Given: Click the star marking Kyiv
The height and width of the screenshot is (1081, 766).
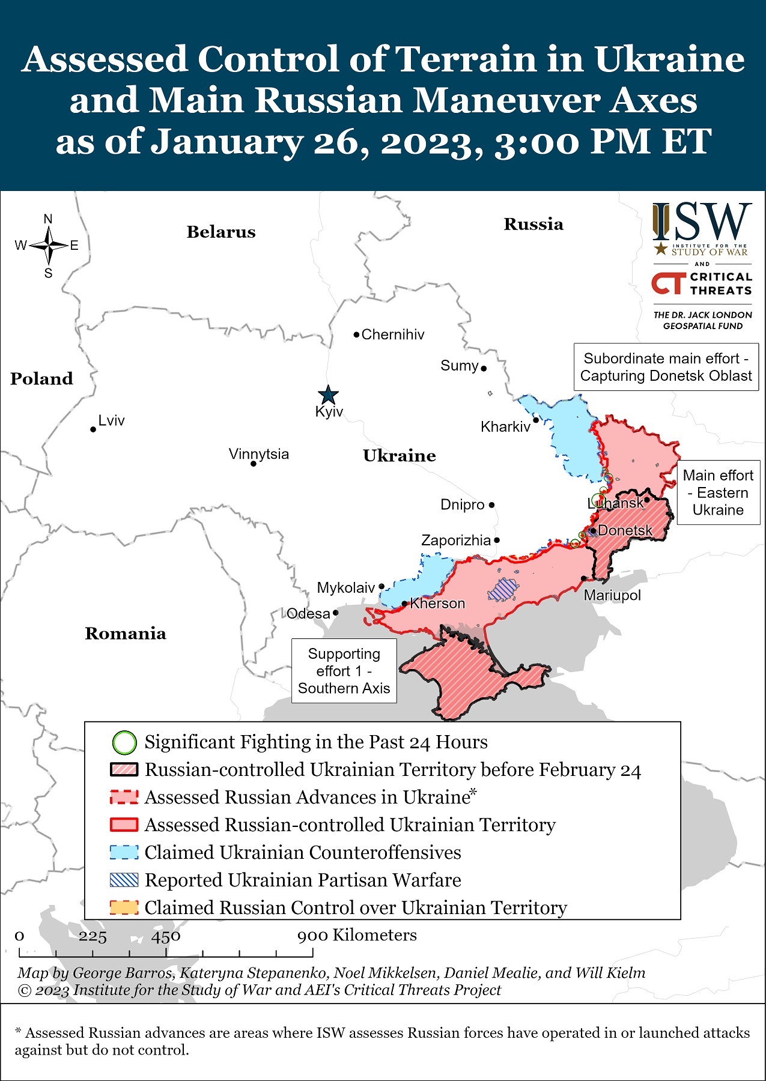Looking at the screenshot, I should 328,395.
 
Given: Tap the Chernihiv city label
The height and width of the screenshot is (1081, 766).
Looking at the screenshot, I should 392,335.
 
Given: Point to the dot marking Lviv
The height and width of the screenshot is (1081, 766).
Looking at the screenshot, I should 93,429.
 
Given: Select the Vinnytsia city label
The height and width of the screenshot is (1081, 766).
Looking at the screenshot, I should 259,454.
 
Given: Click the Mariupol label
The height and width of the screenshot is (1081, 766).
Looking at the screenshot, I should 612,595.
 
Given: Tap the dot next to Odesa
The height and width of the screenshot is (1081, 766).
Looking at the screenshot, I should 336,613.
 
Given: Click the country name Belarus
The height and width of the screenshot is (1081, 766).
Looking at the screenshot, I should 221,232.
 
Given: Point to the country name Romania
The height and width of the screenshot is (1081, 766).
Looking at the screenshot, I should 126,634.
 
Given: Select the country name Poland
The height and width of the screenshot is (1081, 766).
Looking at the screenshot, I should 41,379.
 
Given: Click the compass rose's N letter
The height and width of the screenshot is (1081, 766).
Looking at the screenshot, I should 48,219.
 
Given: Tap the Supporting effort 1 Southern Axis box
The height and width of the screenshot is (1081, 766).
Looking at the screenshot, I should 344,671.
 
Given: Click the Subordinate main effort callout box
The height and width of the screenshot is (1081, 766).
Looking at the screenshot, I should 666,367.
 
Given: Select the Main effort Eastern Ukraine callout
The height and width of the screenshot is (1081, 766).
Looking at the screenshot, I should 718,492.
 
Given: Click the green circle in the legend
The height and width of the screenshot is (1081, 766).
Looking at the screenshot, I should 124,742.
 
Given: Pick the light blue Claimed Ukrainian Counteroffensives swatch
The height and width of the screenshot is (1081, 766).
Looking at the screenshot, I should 124,852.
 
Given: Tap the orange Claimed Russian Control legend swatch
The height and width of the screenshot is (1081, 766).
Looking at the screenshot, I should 124,907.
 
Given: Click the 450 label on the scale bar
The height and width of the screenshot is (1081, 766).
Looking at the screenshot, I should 166,936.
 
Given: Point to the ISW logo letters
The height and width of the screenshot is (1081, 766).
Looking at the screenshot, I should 702,222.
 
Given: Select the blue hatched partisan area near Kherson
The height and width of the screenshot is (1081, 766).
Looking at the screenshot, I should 502,590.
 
